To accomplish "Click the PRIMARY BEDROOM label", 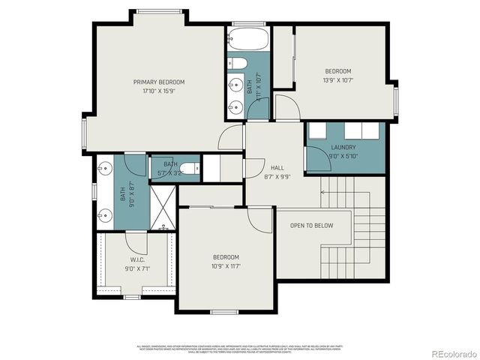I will [159, 82].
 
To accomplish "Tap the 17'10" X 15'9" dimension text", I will [159, 91].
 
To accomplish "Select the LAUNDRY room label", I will [343, 148].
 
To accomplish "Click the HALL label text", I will [277, 168].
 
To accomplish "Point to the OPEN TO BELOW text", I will [321, 225].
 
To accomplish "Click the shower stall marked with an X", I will [162, 208].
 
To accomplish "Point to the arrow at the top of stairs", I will [324, 193].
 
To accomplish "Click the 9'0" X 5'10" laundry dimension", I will [343, 157].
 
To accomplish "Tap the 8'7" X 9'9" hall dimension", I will [277, 178].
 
